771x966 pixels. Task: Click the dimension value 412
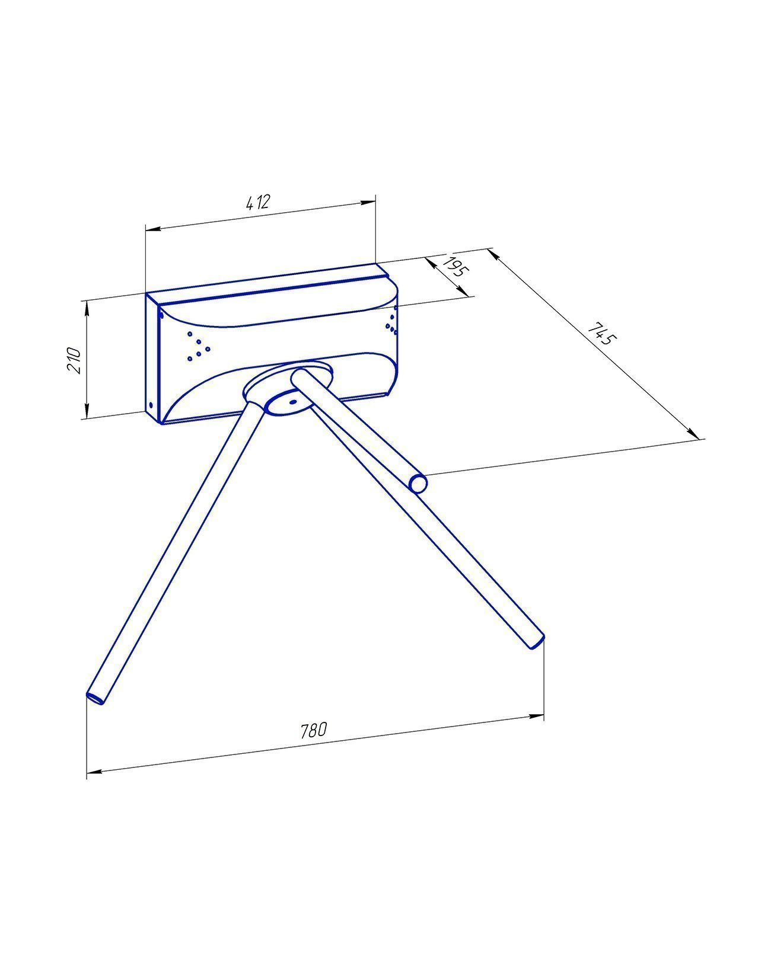(x=258, y=202)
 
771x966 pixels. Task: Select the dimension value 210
(x=73, y=360)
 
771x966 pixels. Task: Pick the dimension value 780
(x=314, y=730)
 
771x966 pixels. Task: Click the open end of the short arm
(x=418, y=484)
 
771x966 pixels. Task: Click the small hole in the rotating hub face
(x=293, y=402)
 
